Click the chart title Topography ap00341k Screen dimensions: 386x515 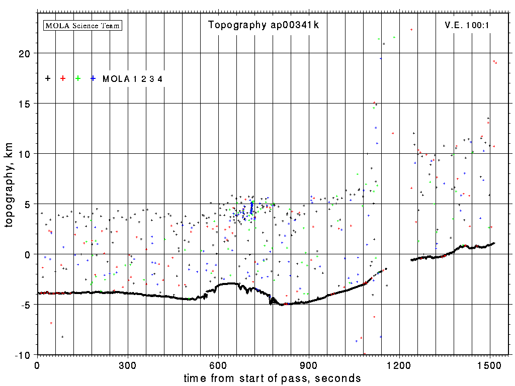tap(264, 25)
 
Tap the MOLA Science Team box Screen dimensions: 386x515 tap(83, 25)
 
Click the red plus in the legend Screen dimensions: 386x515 tap(63, 78)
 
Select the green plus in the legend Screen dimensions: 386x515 tap(78, 78)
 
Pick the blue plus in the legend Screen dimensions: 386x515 tap(93, 78)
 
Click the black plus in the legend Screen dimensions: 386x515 tap(48, 78)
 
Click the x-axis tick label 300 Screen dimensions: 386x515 tap(128, 364)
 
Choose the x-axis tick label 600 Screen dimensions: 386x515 tap(218, 364)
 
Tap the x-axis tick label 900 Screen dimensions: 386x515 tap(309, 364)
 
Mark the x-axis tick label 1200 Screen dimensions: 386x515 tap(399, 364)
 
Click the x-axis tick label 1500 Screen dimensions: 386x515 tap(490, 364)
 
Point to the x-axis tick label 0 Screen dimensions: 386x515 tap(37, 364)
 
